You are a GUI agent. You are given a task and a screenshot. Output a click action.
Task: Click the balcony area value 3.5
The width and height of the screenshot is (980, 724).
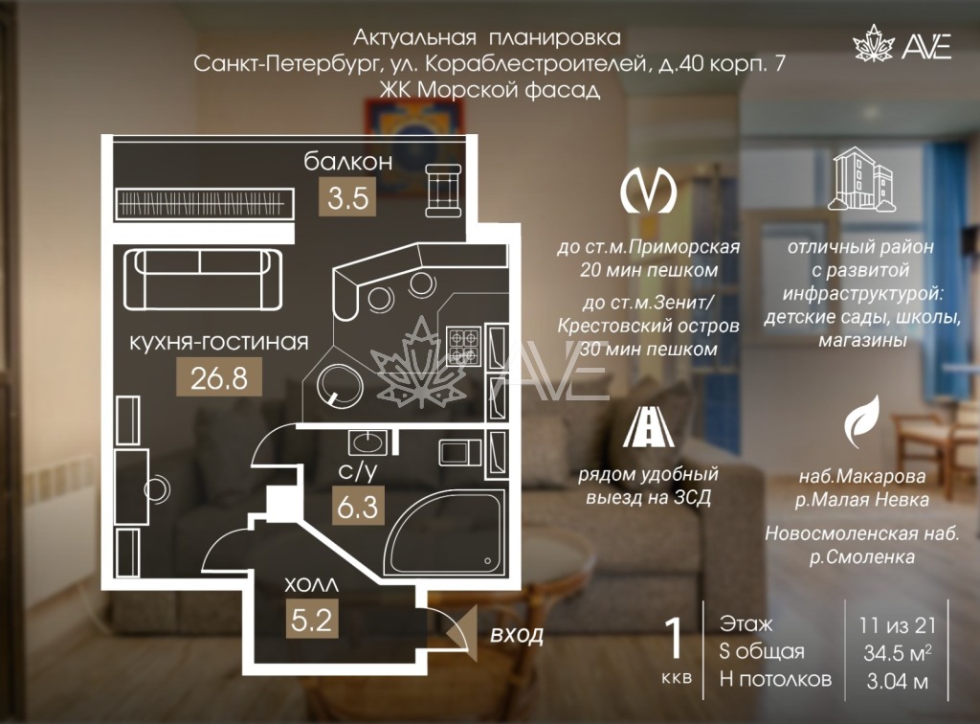pyautogui.click(x=347, y=197)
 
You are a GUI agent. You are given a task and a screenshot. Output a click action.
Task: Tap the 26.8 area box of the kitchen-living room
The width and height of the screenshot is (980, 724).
pyautogui.click(x=219, y=377)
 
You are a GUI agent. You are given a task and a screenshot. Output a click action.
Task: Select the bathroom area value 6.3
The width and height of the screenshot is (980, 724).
pyautogui.click(x=358, y=506)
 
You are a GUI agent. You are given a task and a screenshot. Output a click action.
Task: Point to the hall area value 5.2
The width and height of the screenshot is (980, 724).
pyautogui.click(x=312, y=619)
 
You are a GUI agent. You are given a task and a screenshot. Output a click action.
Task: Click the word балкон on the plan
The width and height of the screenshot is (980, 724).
pyautogui.click(x=348, y=161)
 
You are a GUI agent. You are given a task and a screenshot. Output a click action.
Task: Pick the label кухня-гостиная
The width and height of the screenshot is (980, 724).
pyautogui.click(x=219, y=342)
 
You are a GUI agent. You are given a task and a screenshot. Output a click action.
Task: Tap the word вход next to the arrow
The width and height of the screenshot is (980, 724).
pyautogui.click(x=517, y=635)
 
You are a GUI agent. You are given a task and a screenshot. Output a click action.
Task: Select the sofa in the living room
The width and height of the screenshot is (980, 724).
pyautogui.click(x=203, y=280)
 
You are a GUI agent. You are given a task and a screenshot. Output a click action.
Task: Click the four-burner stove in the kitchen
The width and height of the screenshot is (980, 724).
pyautogui.click(x=463, y=346)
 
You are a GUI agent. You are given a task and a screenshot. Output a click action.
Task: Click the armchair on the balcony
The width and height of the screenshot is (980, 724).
pyautogui.click(x=444, y=190)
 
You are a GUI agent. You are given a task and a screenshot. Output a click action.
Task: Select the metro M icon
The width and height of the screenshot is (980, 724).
pyautogui.click(x=648, y=190)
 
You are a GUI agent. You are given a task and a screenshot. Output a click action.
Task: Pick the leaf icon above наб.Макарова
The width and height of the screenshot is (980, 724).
pyautogui.click(x=862, y=421)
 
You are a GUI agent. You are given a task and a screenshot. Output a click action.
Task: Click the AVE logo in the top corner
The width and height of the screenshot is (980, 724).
pyautogui.click(x=902, y=42)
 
